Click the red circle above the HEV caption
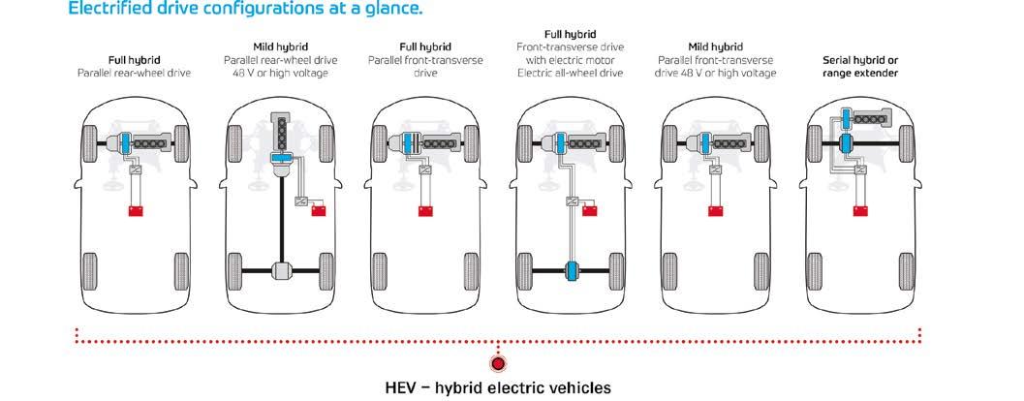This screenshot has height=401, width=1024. (499, 364)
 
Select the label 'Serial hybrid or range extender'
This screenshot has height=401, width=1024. (858, 66)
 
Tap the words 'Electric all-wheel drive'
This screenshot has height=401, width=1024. (570, 73)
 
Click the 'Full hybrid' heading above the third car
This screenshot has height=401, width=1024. (423, 46)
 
